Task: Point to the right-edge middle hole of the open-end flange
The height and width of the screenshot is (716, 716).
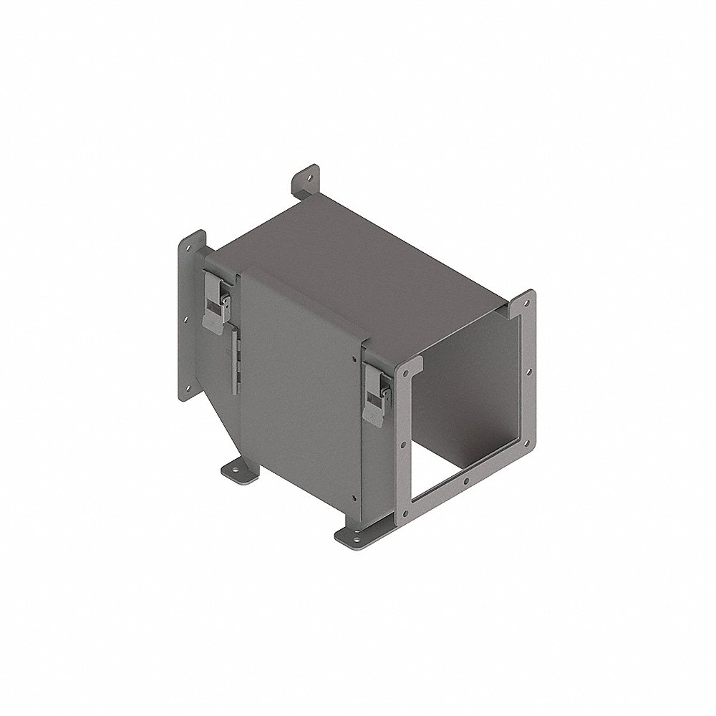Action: [x=529, y=372]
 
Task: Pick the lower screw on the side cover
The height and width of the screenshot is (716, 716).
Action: [x=353, y=499]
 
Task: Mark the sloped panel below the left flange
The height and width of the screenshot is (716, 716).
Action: [x=215, y=422]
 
